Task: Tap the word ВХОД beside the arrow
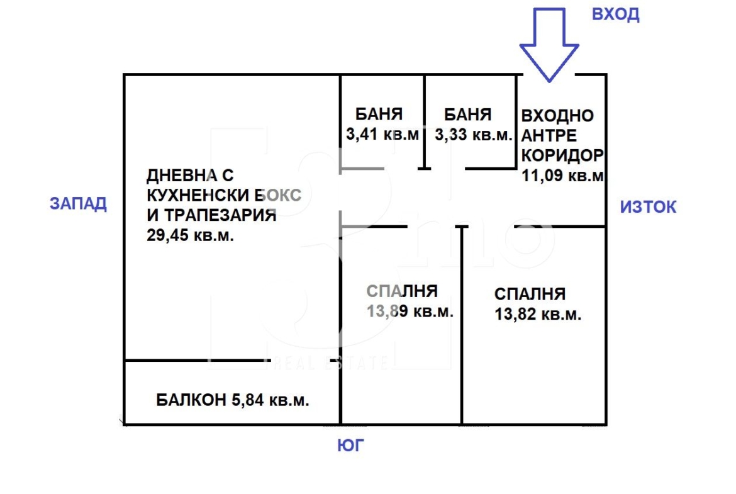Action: click(615, 14)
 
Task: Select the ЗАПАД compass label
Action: click(79, 204)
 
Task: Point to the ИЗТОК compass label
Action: click(648, 206)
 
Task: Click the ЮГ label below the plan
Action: click(350, 445)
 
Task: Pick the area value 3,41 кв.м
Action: click(382, 134)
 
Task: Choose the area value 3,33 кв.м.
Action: click(473, 135)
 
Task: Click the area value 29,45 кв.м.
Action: click(190, 235)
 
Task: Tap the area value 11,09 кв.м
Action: click(562, 176)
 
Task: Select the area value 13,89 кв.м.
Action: click(410, 311)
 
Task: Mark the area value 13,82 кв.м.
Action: click(538, 313)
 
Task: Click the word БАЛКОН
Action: click(191, 400)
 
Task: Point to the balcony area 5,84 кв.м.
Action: click(270, 400)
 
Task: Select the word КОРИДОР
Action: click(562, 155)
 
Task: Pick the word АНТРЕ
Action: click(549, 136)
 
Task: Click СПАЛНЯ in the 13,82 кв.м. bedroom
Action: click(530, 294)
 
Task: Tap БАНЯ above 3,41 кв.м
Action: click(379, 114)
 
